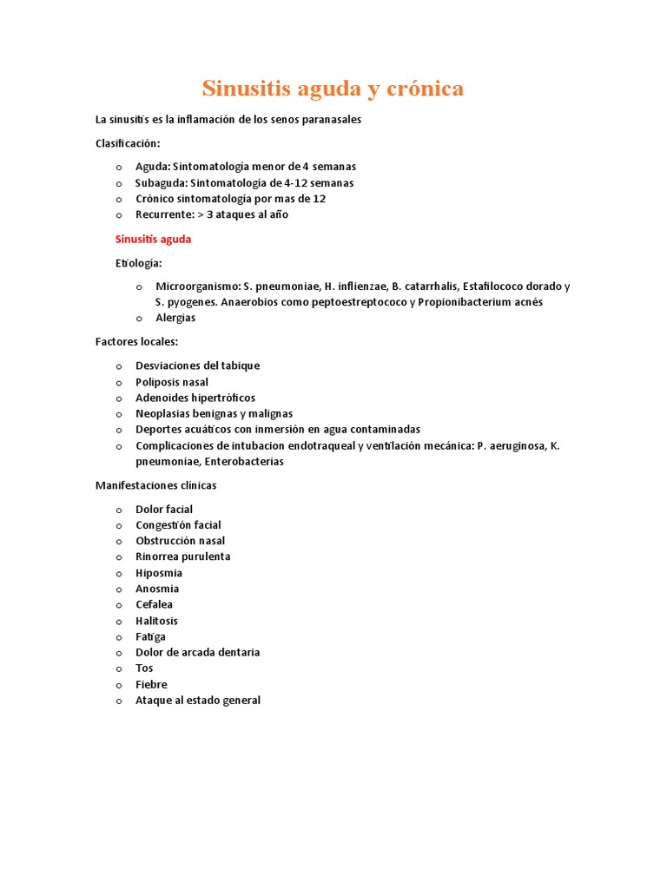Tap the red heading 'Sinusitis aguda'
(153, 239)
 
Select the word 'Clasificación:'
(128, 143)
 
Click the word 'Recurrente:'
(165, 214)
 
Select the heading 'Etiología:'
(139, 262)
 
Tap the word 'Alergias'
(175, 318)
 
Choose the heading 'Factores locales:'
(136, 341)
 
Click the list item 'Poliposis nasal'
(172, 382)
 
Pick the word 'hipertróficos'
(221, 398)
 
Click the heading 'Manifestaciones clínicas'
(155, 485)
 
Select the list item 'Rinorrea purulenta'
(183, 556)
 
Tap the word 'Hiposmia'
(159, 573)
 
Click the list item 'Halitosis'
(156, 621)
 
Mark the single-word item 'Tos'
(144, 668)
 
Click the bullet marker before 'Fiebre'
(118, 685)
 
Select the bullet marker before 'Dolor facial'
(118, 510)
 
